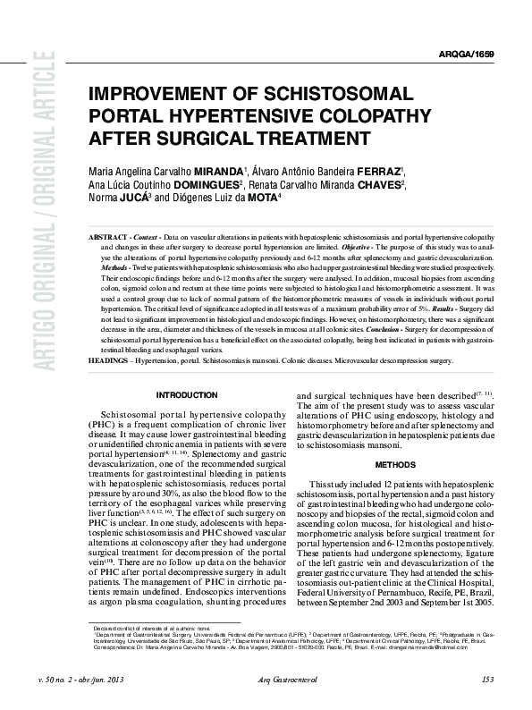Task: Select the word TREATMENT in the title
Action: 306,138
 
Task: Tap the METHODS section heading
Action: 394,465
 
